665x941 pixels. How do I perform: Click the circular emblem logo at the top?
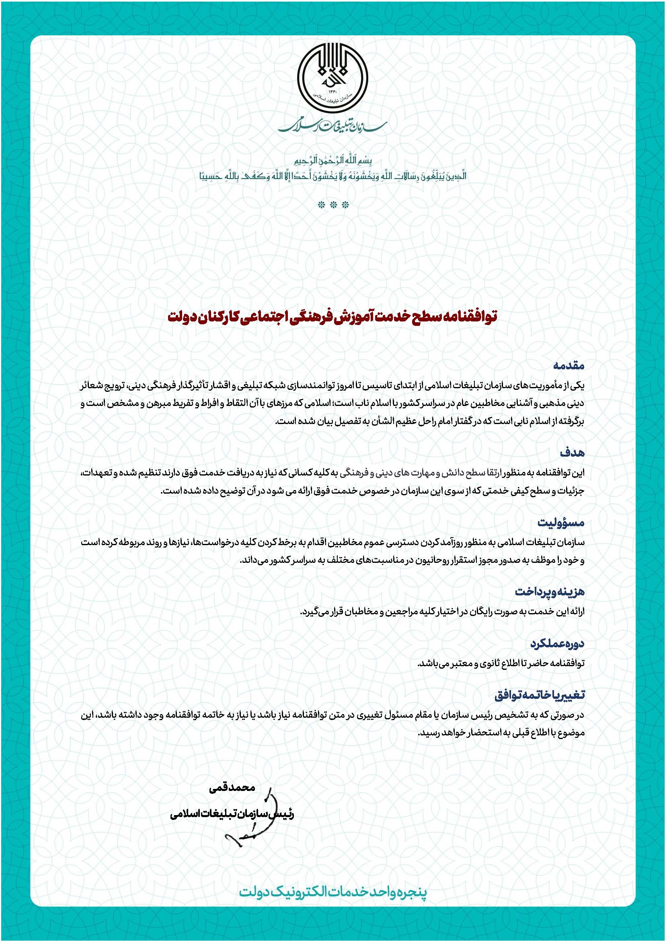pyautogui.click(x=332, y=80)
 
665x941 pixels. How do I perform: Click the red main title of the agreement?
pyautogui.click(x=332, y=316)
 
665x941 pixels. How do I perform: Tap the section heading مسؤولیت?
pyautogui.click(x=561, y=523)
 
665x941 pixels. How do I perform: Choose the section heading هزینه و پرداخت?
pyautogui.click(x=550, y=592)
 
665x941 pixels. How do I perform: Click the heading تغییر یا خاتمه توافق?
pyautogui.click(x=540, y=695)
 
